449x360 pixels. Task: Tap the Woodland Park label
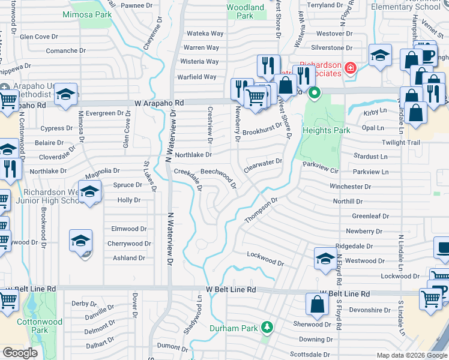pos(245,11)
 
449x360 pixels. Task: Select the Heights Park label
pos(326,130)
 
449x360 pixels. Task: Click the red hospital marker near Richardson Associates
pos(350,69)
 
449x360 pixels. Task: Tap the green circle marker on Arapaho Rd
pos(313,94)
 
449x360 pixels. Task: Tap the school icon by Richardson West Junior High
pos(89,193)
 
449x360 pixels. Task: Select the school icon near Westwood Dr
pos(325,258)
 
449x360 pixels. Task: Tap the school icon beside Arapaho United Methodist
pos(66,94)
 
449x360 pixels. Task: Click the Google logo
pos(20,353)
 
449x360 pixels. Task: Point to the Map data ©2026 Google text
pos(411,355)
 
